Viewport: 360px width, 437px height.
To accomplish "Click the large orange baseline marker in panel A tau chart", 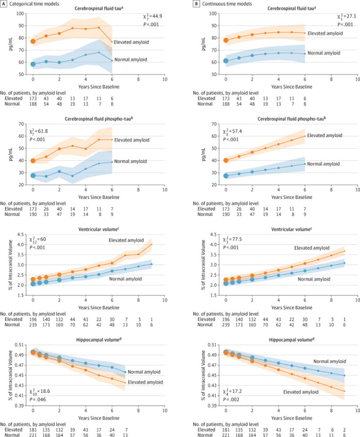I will [33, 41].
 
